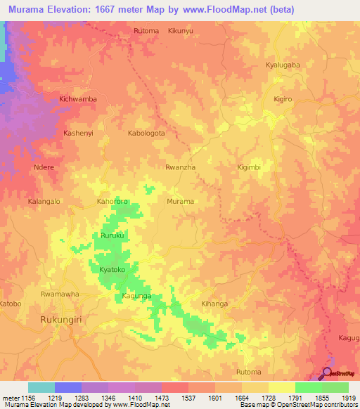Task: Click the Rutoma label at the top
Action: (x=146, y=31)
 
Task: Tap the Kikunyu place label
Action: (x=181, y=31)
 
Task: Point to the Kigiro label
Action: (x=283, y=99)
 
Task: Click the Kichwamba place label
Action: (x=78, y=99)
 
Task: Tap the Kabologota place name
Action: (x=146, y=133)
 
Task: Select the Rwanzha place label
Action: (x=180, y=167)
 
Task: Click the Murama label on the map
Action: (x=181, y=202)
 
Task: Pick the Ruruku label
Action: (x=112, y=235)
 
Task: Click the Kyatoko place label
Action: (x=112, y=270)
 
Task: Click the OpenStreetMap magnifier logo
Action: (x=328, y=373)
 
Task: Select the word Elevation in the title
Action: (x=76, y=9)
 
